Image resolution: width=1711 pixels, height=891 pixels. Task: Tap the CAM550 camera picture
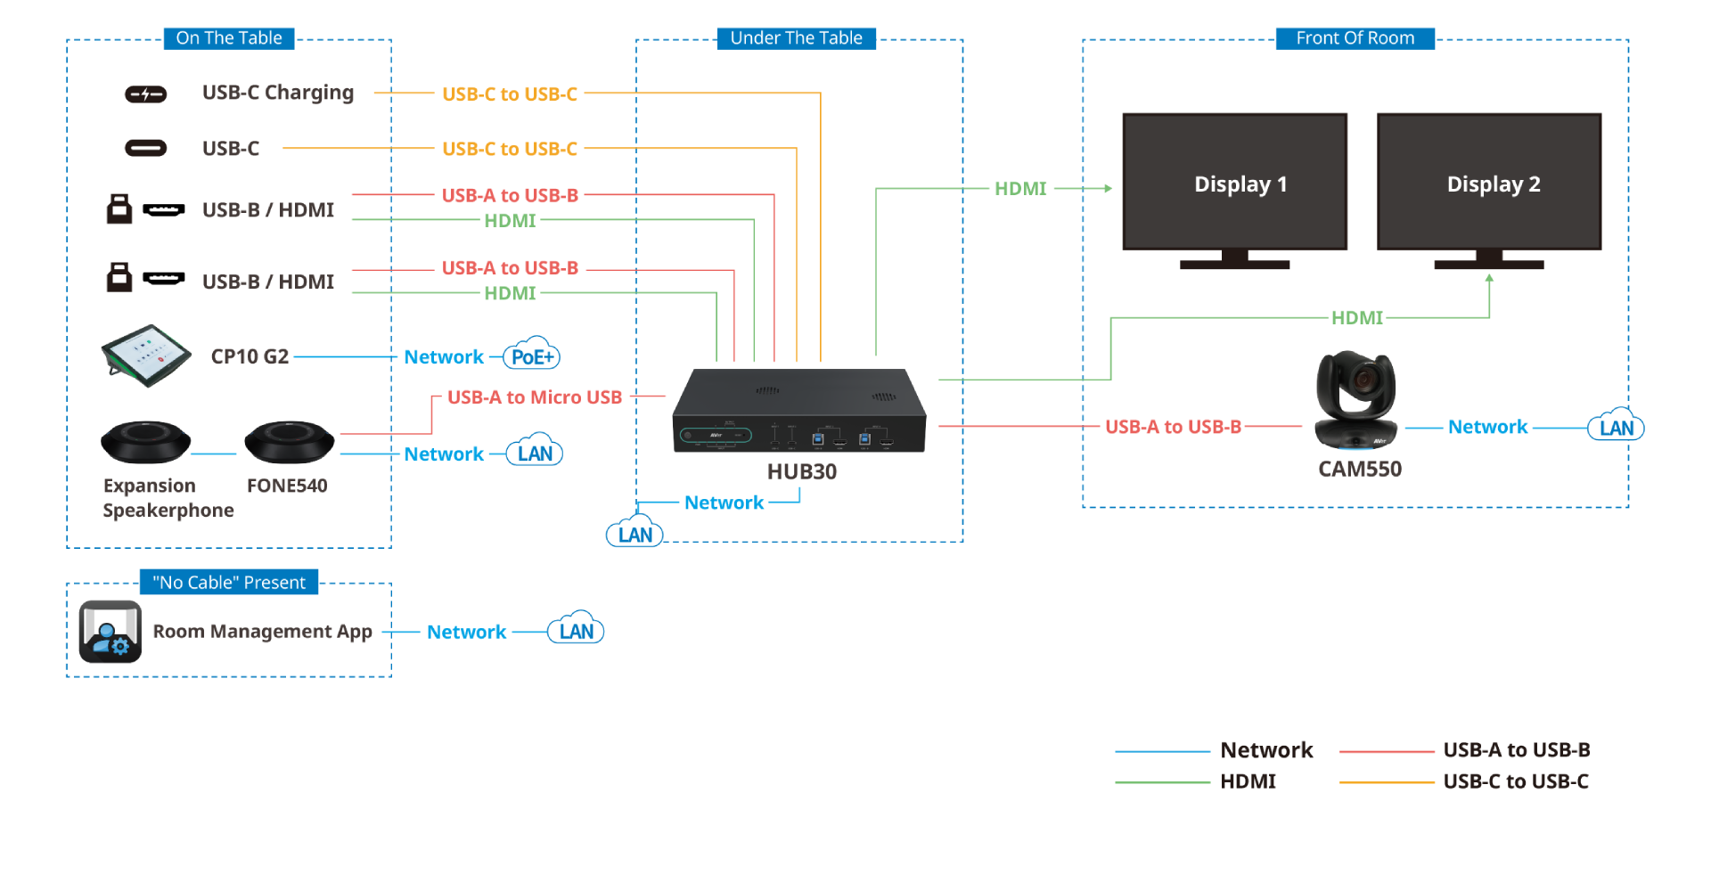(1355, 400)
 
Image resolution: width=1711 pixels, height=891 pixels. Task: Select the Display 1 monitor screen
(1234, 182)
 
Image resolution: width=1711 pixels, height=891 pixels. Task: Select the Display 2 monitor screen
(1488, 182)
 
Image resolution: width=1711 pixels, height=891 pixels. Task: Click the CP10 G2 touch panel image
(146, 356)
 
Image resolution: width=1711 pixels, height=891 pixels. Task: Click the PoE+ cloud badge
(532, 356)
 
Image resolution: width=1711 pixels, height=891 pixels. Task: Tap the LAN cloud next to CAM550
(1616, 428)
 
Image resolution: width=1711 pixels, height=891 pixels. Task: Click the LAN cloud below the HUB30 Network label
(634, 534)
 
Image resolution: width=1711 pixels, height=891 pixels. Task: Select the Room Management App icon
(111, 632)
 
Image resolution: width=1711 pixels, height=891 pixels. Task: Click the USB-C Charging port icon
(145, 94)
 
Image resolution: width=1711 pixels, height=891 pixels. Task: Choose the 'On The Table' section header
(229, 38)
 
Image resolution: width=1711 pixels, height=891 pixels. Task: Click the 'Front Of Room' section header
(1355, 38)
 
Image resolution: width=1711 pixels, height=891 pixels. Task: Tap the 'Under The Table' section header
(796, 38)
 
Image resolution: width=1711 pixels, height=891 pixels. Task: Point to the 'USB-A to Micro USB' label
(534, 397)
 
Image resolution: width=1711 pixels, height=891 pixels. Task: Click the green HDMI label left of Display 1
(1020, 189)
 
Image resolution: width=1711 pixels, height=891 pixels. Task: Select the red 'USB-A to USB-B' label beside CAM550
(1173, 427)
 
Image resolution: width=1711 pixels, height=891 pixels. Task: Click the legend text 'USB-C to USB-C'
(1515, 781)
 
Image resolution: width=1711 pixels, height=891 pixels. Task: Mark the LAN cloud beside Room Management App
(576, 632)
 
